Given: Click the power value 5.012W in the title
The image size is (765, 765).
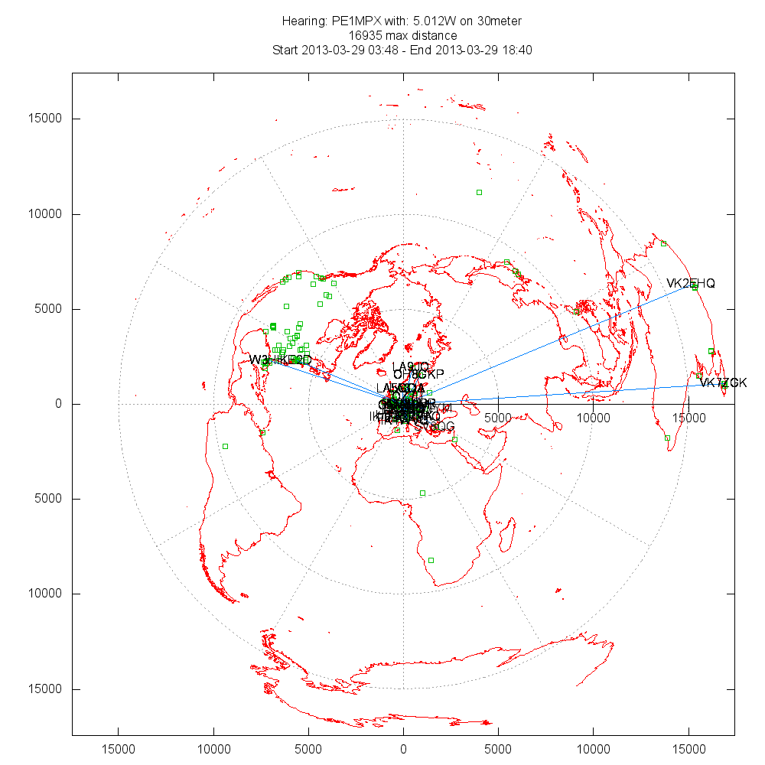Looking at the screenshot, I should click(x=428, y=21).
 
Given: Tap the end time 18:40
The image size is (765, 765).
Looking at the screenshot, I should click(x=517, y=50).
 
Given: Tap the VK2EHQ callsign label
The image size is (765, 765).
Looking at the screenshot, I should click(x=690, y=284).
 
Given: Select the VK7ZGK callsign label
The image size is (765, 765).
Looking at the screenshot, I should click(x=724, y=382).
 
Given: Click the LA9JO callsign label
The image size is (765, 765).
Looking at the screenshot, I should click(x=411, y=366).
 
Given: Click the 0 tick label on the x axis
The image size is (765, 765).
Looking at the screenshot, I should click(x=403, y=748).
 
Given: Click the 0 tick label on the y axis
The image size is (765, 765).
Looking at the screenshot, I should click(x=58, y=404).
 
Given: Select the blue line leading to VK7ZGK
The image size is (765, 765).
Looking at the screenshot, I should click(x=566, y=393).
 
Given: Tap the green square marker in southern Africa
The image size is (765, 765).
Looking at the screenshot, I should click(x=431, y=561).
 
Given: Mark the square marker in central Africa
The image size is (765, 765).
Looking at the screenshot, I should click(x=422, y=493).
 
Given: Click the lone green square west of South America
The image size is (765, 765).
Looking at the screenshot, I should click(x=225, y=446).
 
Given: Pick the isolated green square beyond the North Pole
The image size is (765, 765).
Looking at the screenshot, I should click(x=479, y=192).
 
